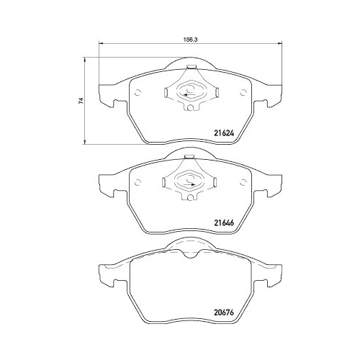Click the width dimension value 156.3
[x=189, y=41]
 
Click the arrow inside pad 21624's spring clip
[x=188, y=94]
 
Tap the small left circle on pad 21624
[x=138, y=92]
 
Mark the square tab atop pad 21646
[x=188, y=157]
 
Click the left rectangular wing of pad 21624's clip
[x=167, y=92]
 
